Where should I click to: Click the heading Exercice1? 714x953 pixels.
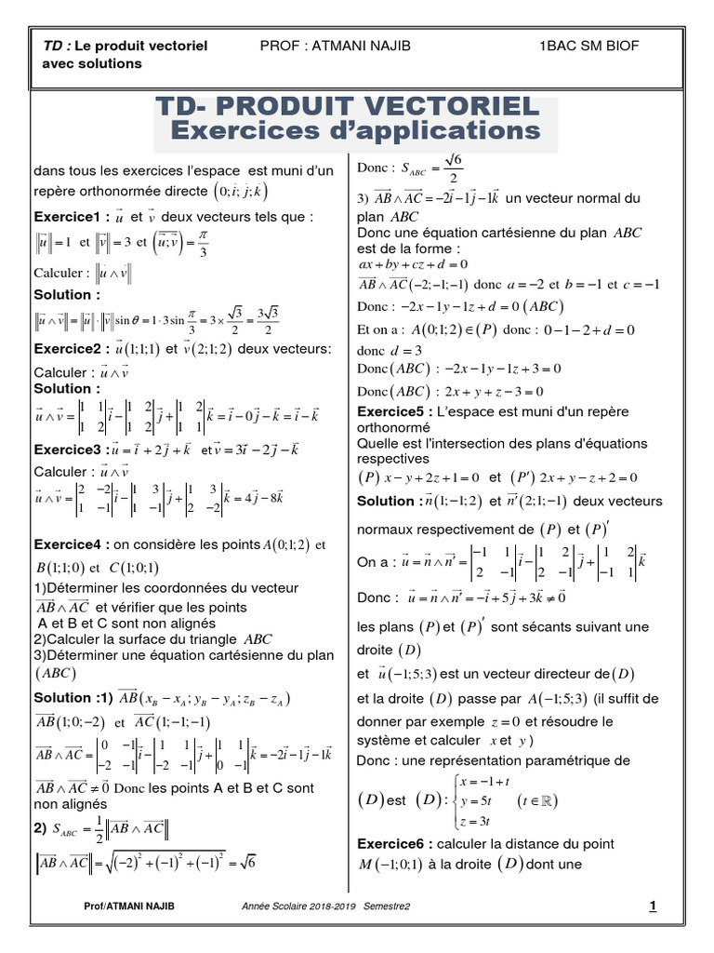[69, 217]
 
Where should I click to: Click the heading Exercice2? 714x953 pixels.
[69, 350]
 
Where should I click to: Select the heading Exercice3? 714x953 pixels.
[69, 449]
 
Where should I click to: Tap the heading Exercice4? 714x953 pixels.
[69, 544]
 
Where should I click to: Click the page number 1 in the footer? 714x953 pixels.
[653, 906]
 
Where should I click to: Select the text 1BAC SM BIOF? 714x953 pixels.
[588, 46]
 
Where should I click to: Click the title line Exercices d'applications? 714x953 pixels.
[356, 129]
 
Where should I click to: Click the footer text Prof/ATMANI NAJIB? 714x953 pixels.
[128, 906]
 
